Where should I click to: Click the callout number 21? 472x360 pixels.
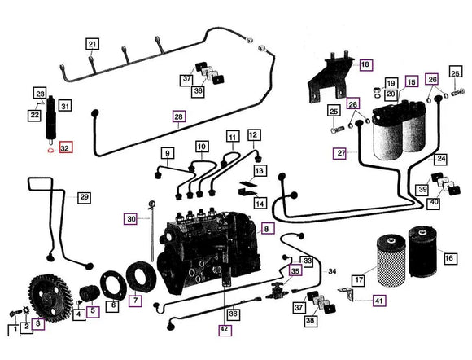[92, 44]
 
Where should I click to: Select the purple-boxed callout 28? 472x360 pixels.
[179, 116]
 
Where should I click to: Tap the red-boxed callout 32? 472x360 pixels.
[66, 148]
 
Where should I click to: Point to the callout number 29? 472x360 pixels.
[84, 197]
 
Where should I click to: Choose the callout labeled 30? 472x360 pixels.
[132, 217]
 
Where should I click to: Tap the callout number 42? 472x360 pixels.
[224, 329]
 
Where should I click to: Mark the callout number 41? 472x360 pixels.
[379, 301]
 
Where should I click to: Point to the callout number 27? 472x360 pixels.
[340, 152]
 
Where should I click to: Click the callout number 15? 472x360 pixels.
[411, 82]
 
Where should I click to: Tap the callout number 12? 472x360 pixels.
[253, 134]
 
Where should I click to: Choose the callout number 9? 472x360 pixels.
[167, 152]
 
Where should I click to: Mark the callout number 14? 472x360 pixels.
[260, 202]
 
